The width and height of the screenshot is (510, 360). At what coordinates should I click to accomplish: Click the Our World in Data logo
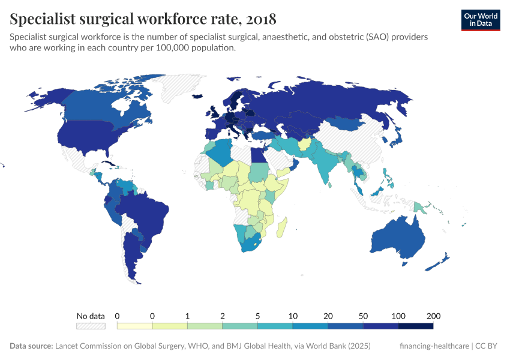click(480, 19)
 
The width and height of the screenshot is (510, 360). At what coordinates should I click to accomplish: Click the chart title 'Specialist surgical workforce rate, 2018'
click(143, 19)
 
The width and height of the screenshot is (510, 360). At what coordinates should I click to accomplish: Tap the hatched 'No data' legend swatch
click(90, 326)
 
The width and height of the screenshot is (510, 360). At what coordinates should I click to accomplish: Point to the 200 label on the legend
click(433, 316)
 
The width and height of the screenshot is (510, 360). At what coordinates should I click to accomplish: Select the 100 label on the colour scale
click(398, 316)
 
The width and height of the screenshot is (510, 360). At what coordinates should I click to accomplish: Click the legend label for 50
click(363, 316)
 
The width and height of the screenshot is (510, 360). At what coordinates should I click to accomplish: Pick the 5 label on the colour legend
click(257, 316)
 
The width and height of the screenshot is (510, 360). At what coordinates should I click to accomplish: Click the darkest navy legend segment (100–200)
click(416, 326)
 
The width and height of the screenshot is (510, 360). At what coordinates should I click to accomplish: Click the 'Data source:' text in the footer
click(31, 346)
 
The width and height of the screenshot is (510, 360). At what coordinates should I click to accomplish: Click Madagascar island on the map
click(283, 227)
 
